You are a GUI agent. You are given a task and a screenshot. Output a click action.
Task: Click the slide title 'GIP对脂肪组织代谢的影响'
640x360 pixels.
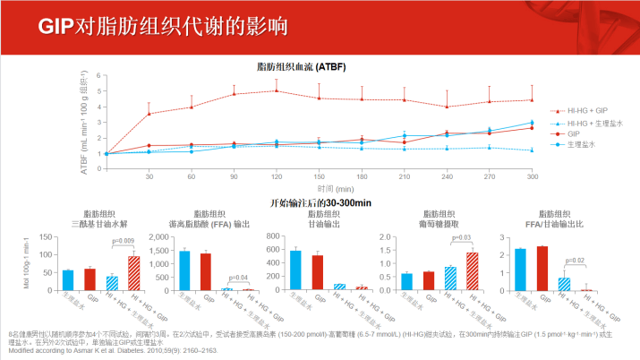click(163, 24)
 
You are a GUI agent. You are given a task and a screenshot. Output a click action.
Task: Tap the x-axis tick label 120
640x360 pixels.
click(277, 176)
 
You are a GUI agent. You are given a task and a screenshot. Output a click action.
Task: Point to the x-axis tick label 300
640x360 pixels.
click(533, 176)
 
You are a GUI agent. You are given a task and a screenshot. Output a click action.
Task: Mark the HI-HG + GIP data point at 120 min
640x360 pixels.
click(277, 90)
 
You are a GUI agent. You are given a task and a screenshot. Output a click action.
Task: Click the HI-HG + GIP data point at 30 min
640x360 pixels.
click(149, 114)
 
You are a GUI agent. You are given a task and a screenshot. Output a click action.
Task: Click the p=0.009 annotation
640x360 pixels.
click(123, 242)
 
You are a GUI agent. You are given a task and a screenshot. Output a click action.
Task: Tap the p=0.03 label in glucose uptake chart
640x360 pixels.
click(461, 237)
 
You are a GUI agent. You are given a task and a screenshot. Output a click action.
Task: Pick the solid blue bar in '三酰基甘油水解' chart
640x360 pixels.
click(68, 280)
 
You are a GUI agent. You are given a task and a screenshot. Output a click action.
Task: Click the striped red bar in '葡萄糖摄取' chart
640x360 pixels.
click(472, 271)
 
